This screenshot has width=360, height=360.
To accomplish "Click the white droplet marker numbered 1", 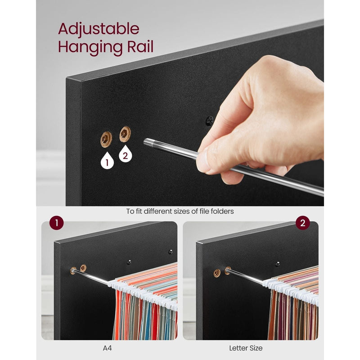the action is pos(107,160).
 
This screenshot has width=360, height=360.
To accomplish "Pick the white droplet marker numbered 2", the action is pos(126,154).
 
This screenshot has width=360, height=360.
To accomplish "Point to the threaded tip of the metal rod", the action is pos(148,143).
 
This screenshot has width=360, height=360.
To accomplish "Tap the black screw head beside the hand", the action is pos(210,121).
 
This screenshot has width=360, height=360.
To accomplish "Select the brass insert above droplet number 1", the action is pos(106,139).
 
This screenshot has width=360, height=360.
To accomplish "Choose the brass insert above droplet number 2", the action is pos(125,134).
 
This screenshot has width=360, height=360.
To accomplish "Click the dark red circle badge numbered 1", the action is pos(57,223).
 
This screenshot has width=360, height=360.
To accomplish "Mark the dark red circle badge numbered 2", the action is pos(302,223).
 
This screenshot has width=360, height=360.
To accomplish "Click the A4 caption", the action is pos(107,348).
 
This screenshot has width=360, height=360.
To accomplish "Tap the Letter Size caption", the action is pos(246,348).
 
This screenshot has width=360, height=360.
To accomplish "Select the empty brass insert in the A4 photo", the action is pos(83,268).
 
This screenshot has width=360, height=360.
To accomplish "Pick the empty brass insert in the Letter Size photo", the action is pos(217,273).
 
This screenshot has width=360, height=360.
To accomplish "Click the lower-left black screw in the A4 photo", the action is pos(129,262).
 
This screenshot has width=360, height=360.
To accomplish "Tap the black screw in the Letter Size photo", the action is pos(278,264).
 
